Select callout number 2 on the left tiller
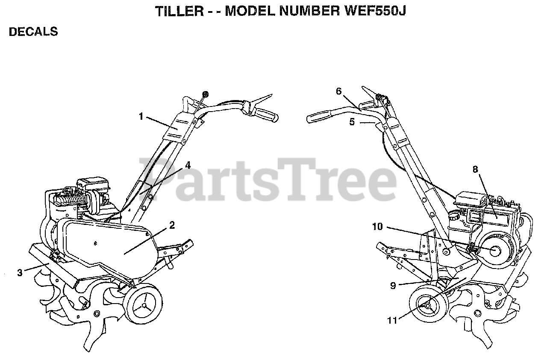(x=172, y=226)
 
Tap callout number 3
(x=20, y=272)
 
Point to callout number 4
(x=188, y=165)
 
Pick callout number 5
(x=352, y=122)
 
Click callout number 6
(x=339, y=91)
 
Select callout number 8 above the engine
(x=475, y=169)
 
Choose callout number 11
(x=392, y=319)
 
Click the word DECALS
(x=33, y=32)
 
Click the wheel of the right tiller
(x=428, y=305)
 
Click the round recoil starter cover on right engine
(x=495, y=251)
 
